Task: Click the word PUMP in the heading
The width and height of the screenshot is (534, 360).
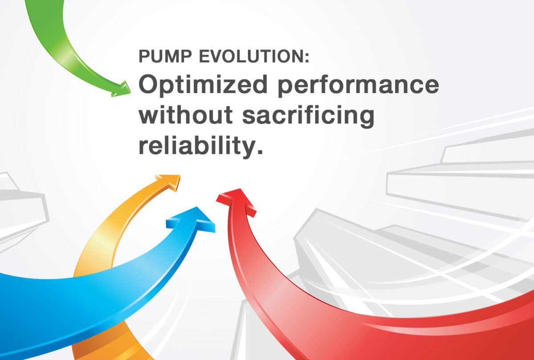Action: click(x=165, y=56)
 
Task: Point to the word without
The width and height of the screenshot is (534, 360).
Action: click(x=186, y=115)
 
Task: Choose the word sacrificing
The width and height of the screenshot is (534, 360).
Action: click(x=308, y=116)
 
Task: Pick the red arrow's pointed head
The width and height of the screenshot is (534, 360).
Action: click(x=236, y=202)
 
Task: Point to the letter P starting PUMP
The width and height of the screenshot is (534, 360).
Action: click(x=145, y=56)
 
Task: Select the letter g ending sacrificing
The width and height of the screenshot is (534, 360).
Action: click(x=365, y=119)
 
